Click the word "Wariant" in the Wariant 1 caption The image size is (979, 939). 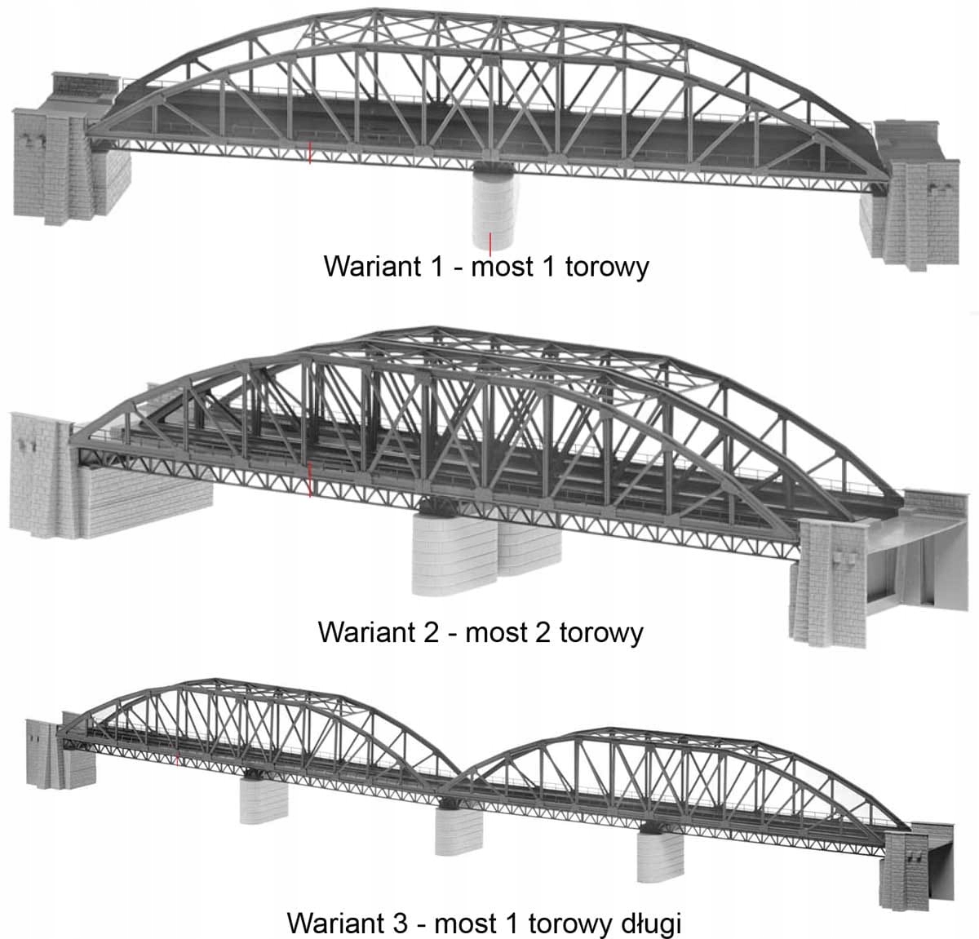(372, 267)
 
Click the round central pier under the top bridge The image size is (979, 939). (494, 210)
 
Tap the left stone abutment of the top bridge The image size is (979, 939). (69, 172)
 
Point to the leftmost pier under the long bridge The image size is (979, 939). (263, 800)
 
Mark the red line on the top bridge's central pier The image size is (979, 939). (489, 242)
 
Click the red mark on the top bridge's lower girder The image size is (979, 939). (309, 153)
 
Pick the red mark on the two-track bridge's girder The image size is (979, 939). (309, 481)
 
